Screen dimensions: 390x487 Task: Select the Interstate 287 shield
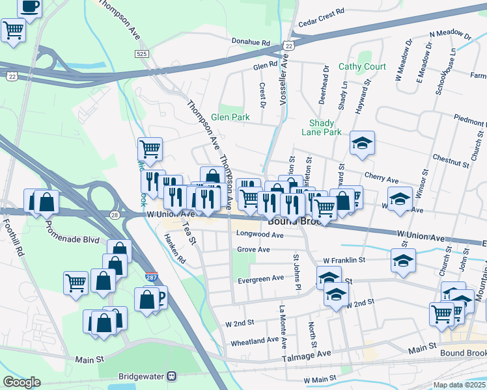coord(150,277)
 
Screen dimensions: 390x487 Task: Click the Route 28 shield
coord(114,214)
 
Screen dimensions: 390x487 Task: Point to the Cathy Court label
coord(362,67)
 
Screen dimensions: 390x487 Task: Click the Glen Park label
coord(230,118)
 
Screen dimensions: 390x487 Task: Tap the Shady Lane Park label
coord(322,127)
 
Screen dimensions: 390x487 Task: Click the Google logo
coord(21,382)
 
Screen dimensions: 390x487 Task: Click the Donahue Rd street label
coord(251,42)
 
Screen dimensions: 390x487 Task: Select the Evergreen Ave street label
coord(260,278)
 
